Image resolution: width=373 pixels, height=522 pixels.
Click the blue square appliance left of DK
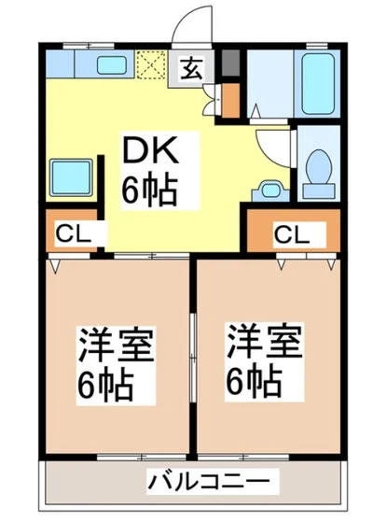coord(71,174)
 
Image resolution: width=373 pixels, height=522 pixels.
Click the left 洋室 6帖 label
coord(105,360)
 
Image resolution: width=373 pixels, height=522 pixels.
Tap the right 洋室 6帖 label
coord(263,360)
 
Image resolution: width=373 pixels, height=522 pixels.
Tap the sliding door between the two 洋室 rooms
coord(193,360)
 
